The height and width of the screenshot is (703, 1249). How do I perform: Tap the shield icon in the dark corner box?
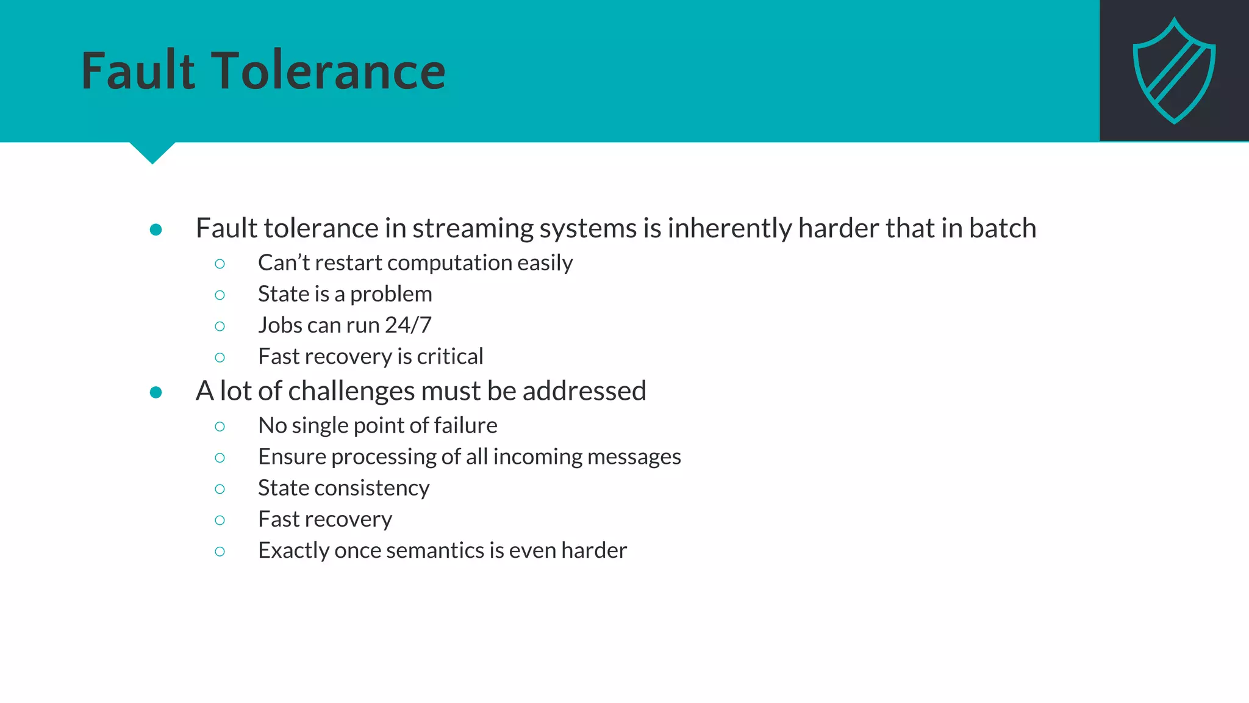coord(1174,71)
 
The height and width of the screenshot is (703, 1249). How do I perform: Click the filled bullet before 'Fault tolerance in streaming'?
coord(156,229)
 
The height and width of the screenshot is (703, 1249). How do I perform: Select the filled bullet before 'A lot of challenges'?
coord(156,392)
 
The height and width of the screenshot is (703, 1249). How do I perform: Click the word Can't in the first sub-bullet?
coord(284,262)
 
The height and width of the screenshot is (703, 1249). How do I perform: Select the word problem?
coord(391,294)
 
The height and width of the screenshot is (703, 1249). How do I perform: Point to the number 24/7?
coord(408,325)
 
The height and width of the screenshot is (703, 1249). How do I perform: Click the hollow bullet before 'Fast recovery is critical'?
coord(220,357)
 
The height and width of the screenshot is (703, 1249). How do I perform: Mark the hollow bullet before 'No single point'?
coord(220,426)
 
